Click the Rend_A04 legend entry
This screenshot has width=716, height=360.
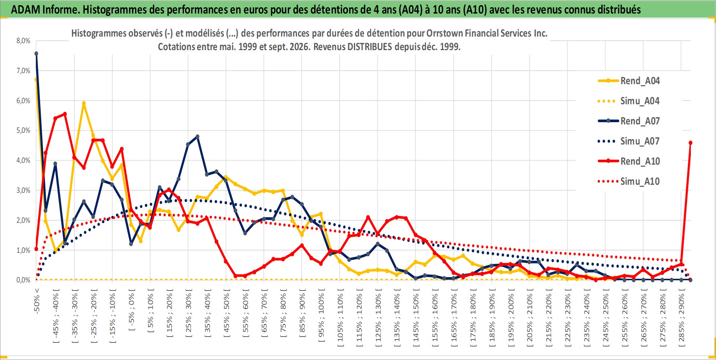[629, 80]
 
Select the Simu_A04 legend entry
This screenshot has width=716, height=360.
[629, 101]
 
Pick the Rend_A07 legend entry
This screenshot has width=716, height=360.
[629, 121]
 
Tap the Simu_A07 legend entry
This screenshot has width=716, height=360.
[629, 141]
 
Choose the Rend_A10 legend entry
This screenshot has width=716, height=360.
[629, 161]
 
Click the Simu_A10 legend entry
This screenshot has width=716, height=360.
[629, 181]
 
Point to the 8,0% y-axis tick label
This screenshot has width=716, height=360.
[23, 41]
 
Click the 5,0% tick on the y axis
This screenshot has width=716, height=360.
[23, 130]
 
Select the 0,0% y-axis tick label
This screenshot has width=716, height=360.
[23, 280]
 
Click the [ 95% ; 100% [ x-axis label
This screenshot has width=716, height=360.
[321, 315]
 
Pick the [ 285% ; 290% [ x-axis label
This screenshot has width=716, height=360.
[682, 315]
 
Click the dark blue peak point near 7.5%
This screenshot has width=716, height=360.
[36, 53]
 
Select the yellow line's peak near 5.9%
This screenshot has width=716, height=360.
[84, 103]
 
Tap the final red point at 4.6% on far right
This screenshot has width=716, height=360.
[690, 143]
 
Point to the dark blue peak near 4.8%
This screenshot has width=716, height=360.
[197, 136]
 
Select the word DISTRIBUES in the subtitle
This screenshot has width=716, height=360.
[369, 47]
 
